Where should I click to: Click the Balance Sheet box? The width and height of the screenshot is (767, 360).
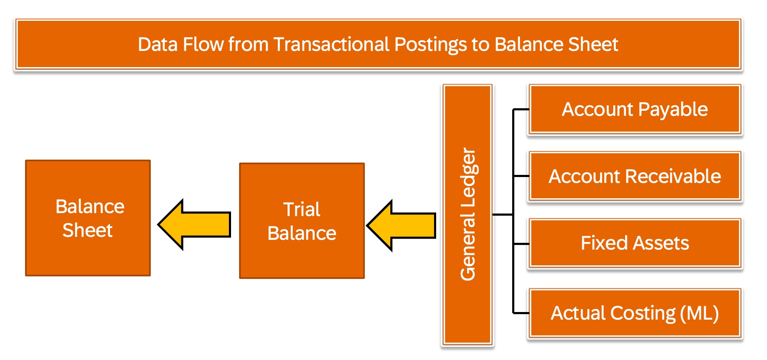88,218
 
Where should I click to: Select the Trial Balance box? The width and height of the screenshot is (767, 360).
302,221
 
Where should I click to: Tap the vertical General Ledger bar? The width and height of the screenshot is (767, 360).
468,214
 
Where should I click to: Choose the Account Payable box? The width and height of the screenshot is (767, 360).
635,110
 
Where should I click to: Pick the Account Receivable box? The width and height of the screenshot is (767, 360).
635,176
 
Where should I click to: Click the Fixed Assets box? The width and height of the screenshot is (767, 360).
635,243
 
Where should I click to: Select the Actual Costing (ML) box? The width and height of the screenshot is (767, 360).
635,313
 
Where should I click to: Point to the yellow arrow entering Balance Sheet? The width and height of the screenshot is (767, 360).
194,225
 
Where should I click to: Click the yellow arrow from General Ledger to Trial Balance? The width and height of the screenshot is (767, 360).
401,225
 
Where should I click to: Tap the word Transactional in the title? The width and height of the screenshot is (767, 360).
331,44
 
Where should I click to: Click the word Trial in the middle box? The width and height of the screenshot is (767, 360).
302,209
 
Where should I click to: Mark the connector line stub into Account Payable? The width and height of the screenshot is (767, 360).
521,110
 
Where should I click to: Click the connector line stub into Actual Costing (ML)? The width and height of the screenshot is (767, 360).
521,313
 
